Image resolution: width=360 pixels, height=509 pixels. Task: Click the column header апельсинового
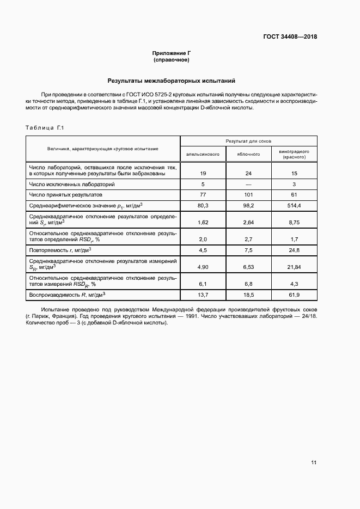click(203, 154)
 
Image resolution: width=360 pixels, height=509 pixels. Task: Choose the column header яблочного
click(248, 154)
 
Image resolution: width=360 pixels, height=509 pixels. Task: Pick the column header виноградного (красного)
click(294, 154)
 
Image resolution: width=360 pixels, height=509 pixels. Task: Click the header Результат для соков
click(249, 140)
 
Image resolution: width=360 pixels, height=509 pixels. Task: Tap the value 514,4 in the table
click(294, 205)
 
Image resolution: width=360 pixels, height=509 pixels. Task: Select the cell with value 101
click(248, 194)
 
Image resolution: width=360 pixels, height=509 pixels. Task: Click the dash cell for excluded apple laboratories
click(248, 185)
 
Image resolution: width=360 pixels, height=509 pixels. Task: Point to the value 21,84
click(294, 267)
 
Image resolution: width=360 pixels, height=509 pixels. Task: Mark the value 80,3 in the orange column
click(203, 205)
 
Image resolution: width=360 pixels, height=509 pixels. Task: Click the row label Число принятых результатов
click(66, 194)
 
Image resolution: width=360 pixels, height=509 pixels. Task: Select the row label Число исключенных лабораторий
click(72, 185)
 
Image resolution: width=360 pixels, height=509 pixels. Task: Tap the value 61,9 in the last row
click(294, 295)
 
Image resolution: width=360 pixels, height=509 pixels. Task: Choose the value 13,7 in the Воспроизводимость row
click(203, 295)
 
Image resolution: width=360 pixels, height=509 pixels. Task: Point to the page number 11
click(314, 463)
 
